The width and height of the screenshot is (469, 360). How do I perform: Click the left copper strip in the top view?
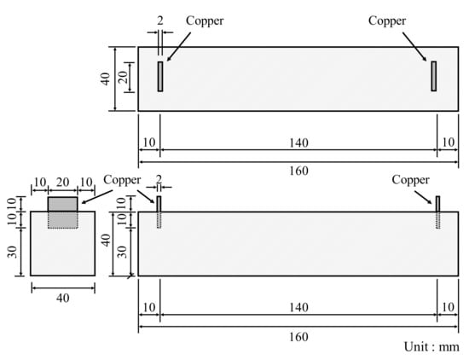160,76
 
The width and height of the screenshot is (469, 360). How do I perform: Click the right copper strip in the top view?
434,76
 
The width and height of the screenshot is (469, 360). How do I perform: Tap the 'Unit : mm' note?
431,347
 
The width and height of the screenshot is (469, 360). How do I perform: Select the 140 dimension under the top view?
298,143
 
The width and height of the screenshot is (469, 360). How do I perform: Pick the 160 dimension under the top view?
298,171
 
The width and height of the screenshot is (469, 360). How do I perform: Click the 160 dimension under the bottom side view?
298,337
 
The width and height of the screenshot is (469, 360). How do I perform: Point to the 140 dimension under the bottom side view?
298,308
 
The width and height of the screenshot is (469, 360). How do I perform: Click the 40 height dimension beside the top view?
105,79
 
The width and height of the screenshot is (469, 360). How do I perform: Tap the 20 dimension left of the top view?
124,78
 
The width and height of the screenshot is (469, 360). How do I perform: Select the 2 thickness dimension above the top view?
160,21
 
